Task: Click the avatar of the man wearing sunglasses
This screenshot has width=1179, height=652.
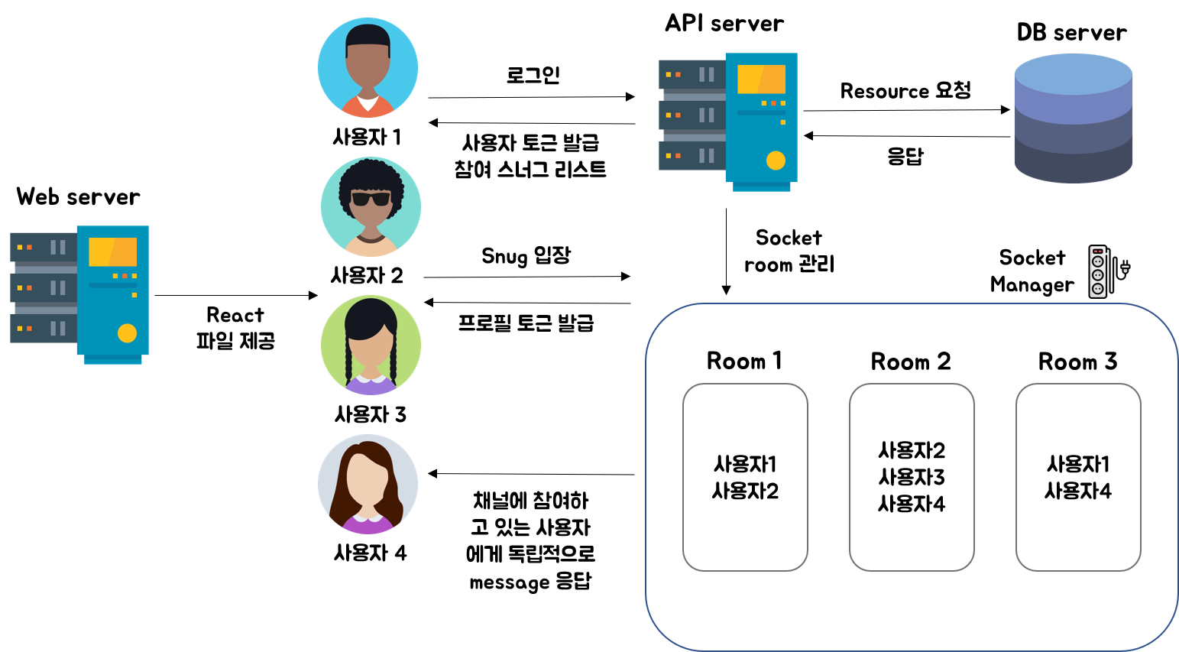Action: pyautogui.click(x=371, y=206)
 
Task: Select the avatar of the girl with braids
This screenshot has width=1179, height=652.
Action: pyautogui.click(x=371, y=345)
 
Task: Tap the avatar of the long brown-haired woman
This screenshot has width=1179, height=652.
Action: pyautogui.click(x=368, y=484)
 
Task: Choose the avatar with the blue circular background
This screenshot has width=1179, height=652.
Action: pyautogui.click(x=368, y=67)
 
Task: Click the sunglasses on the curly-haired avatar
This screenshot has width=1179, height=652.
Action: pyautogui.click(x=371, y=199)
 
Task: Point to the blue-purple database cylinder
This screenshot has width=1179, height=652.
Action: pyautogui.click(x=1073, y=118)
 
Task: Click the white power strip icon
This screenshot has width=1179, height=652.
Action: pyautogui.click(x=1097, y=271)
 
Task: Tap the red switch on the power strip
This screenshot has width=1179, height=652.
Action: pyautogui.click(x=1097, y=251)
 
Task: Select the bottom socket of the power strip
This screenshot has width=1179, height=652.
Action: pyautogui.click(x=1097, y=288)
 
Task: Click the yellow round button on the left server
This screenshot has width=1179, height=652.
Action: pyautogui.click(x=127, y=333)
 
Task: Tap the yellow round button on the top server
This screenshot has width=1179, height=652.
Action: pyautogui.click(x=776, y=161)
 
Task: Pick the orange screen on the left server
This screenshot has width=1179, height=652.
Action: pyautogui.click(x=112, y=251)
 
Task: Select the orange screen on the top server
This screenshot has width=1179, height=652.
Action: pyautogui.click(x=761, y=79)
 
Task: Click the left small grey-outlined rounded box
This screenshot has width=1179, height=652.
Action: pyautogui.click(x=745, y=477)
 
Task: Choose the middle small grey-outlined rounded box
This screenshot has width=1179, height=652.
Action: pyautogui.click(x=912, y=477)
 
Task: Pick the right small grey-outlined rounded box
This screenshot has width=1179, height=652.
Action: pyautogui.click(x=1078, y=477)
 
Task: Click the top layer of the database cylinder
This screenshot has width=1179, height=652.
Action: pyautogui.click(x=1073, y=73)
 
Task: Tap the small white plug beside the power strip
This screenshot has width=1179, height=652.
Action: pyautogui.click(x=1125, y=269)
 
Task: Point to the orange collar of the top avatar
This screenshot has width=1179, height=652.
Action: pyautogui.click(x=368, y=107)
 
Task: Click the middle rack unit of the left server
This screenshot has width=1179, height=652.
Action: pyautogui.click(x=44, y=288)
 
